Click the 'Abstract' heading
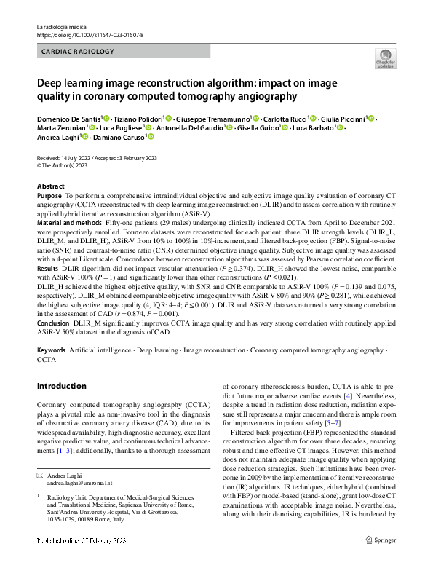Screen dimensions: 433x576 (x=51, y=186)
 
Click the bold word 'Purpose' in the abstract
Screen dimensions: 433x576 (x=49, y=197)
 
